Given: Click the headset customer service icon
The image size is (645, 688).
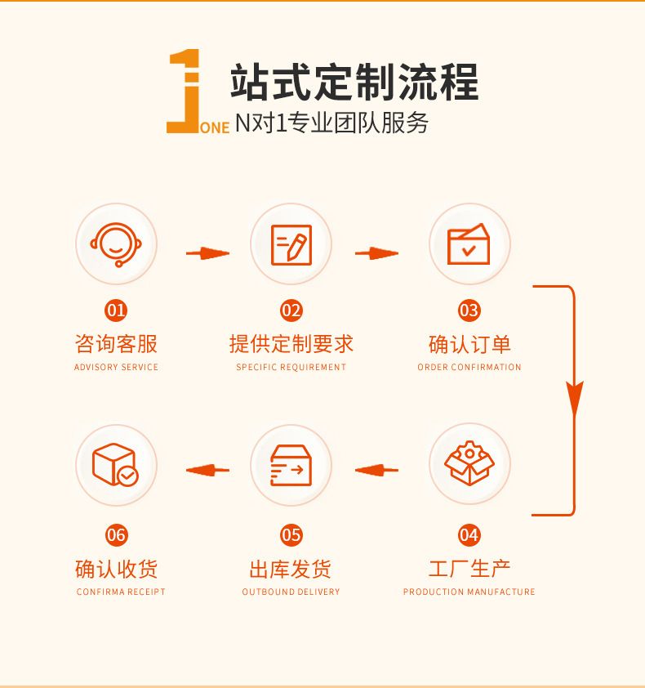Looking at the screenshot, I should (117, 243).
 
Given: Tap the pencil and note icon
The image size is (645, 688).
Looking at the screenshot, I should (291, 243).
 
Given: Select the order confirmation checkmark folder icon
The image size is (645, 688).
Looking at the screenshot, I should (469, 243).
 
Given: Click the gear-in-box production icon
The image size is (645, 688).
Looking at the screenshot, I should (469, 464).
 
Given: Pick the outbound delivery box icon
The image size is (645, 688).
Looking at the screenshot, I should (291, 464).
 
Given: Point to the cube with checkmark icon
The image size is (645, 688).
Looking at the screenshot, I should (115, 465).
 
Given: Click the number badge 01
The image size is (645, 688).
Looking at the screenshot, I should (117, 310).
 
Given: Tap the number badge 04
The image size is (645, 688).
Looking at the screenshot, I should (469, 535).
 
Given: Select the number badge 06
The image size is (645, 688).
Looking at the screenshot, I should (117, 535).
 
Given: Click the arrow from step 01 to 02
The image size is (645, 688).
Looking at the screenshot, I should (207, 253).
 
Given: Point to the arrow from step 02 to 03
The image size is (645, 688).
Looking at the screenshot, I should (376, 253).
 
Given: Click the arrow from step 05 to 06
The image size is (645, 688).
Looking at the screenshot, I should (207, 470).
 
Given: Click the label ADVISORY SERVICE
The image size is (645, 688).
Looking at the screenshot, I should (117, 368).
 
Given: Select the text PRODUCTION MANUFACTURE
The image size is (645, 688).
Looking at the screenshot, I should (469, 592).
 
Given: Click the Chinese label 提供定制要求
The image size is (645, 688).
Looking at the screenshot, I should (291, 343).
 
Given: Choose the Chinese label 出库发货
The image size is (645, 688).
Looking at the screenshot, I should (291, 569).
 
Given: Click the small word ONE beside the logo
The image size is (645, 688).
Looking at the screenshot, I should (215, 127).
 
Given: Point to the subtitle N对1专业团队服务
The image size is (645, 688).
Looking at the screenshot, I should (331, 123).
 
